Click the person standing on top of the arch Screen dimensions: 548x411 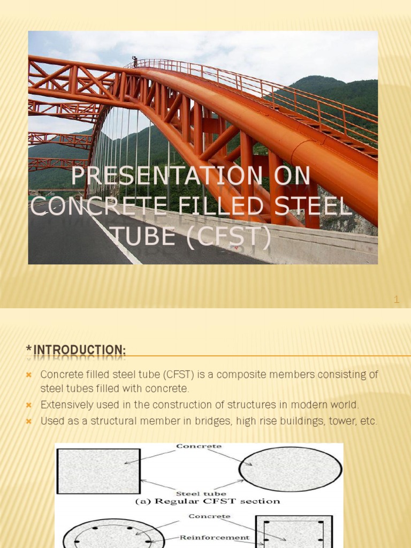point(135,61)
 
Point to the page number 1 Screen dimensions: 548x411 point(397,300)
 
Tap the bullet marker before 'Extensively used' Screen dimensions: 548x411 point(29,405)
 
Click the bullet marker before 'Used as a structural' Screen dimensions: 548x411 point(29,421)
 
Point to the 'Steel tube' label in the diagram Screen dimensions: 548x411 point(201,493)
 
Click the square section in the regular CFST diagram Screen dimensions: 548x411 point(98,471)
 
